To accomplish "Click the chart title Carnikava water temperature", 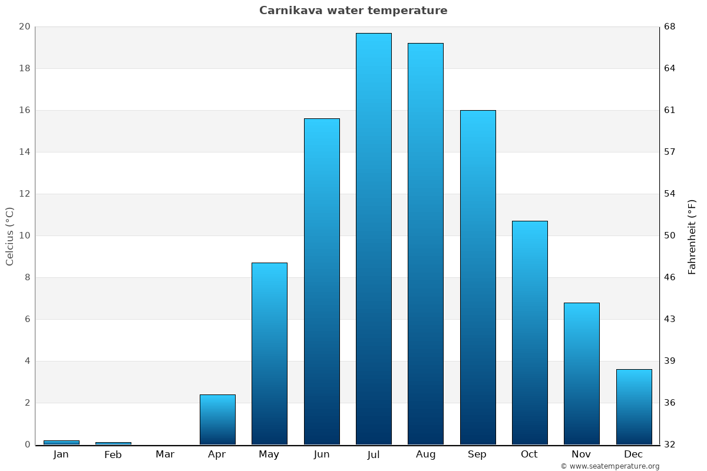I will (353, 11).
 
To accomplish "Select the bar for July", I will (374, 238).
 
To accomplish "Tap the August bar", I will (425, 244).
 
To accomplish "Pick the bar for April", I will (217, 419).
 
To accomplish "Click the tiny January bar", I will (61, 442).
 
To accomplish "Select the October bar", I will (530, 333).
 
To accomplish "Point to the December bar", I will (634, 407).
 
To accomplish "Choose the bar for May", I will (269, 353).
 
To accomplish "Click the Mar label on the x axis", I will (165, 455).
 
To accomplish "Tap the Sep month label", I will (477, 455).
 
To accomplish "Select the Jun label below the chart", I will (322, 455).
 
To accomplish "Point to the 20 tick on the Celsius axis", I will (24, 26).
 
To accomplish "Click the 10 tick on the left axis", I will (24, 235).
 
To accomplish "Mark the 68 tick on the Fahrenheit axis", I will (670, 26).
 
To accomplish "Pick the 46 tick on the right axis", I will (670, 277).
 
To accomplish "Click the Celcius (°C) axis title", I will (10, 235).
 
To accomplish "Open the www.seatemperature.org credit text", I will (610, 466).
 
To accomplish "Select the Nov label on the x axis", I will (582, 455).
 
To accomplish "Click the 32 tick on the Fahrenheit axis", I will (670, 445).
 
